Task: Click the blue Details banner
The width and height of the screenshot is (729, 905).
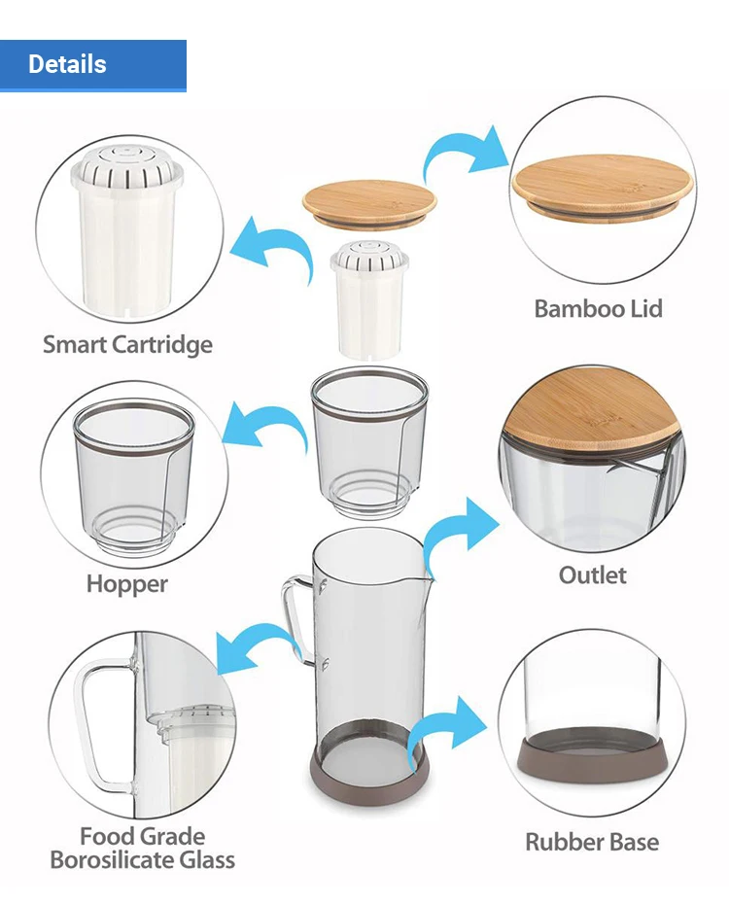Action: [x=92, y=65]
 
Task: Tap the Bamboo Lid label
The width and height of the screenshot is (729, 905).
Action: [x=598, y=309]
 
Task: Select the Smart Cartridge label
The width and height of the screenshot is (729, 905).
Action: [x=127, y=344]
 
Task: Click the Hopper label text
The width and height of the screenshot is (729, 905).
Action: [x=127, y=584]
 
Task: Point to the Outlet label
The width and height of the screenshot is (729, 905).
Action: [x=592, y=575]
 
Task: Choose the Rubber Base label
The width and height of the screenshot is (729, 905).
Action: [x=592, y=842]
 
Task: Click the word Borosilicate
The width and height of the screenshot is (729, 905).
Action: [x=142, y=860]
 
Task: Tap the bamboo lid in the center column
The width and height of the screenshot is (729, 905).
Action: [x=369, y=201]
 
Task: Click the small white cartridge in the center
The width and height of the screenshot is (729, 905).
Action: [x=369, y=301]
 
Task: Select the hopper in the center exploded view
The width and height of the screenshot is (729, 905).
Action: [x=369, y=437]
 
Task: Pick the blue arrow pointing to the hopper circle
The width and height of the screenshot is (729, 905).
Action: [x=267, y=428]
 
